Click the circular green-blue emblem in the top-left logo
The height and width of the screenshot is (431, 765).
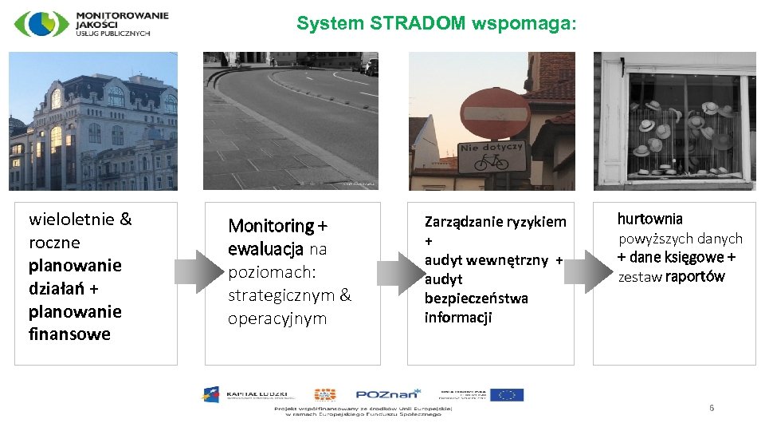click(x=41, y=24)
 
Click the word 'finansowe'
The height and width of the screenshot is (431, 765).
click(x=69, y=334)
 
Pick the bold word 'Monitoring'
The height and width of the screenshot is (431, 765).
click(x=272, y=226)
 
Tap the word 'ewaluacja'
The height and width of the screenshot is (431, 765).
click(x=265, y=249)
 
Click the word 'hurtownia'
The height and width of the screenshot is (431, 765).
click(x=649, y=219)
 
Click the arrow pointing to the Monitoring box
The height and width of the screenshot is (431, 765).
click(x=193, y=271)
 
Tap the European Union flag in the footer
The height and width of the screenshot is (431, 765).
click(x=507, y=394)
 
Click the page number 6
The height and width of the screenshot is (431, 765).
click(x=712, y=409)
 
